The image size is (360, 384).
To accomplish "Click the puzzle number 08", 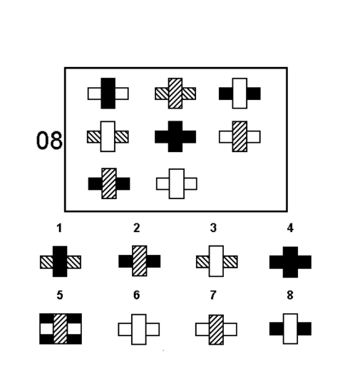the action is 49,140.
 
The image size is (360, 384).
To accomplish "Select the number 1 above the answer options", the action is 59,228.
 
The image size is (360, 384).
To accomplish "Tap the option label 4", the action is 290,228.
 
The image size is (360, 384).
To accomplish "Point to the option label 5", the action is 60,295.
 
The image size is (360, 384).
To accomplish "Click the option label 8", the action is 290,295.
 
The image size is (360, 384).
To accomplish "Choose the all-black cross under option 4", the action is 290,262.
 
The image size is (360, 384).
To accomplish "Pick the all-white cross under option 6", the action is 139,329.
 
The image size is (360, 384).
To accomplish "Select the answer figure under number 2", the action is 140,261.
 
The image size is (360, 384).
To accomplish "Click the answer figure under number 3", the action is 217,261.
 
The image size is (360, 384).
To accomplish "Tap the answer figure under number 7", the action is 216,330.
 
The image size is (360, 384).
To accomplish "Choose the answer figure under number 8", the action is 290,329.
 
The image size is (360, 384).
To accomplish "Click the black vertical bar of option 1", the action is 60,261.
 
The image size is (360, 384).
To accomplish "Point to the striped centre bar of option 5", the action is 60,329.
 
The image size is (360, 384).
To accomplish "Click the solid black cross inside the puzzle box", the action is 175,136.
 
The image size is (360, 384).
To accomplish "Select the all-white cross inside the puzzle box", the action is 177,183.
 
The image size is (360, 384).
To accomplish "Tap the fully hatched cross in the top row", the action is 175,94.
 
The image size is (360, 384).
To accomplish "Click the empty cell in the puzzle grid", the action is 240,183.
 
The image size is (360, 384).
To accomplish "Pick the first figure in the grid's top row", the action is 108,94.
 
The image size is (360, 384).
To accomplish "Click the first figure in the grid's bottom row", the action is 109,183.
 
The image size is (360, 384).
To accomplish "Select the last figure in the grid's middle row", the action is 240,136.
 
